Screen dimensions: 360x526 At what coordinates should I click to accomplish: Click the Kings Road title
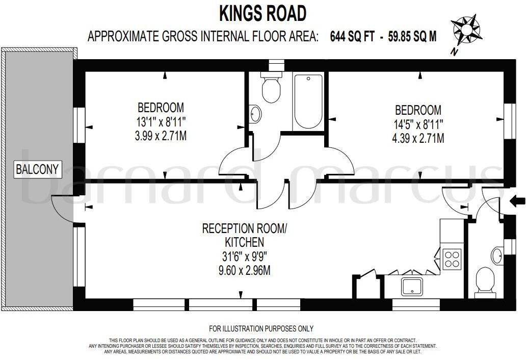[262, 13]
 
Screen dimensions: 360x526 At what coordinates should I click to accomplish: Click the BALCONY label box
[38, 169]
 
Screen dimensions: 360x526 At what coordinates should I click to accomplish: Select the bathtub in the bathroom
[308, 101]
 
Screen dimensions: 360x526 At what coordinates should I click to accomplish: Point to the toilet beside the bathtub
[271, 88]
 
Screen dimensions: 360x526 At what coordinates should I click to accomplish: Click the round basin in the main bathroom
[256, 114]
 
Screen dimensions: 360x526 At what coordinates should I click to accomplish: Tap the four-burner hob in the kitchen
[452, 258]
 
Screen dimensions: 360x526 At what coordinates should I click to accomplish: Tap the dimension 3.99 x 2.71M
[161, 136]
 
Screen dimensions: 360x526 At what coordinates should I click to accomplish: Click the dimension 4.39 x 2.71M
[418, 138]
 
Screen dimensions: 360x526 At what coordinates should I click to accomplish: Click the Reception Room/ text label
[245, 228]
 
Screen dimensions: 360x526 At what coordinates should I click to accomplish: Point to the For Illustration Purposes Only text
[261, 329]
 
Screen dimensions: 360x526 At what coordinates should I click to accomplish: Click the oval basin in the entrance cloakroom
[497, 255]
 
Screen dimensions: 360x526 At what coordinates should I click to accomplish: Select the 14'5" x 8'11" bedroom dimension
[418, 124]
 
